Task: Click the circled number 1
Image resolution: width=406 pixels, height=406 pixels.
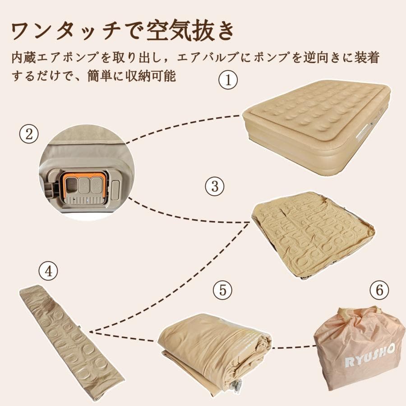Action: pyautogui.click(x=228, y=81)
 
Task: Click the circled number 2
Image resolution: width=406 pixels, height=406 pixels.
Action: pyautogui.click(x=29, y=135)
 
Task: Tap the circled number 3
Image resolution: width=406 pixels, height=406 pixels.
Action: pyautogui.click(x=214, y=186)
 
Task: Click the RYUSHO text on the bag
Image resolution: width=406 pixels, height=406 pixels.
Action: pyautogui.click(x=370, y=355)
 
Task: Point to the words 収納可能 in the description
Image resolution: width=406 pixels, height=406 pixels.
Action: pyautogui.click(x=156, y=75)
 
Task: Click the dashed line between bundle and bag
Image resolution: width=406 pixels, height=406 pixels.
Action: pyautogui.click(x=293, y=347)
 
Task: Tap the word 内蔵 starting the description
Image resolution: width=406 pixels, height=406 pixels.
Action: pyautogui.click(x=22, y=58)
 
